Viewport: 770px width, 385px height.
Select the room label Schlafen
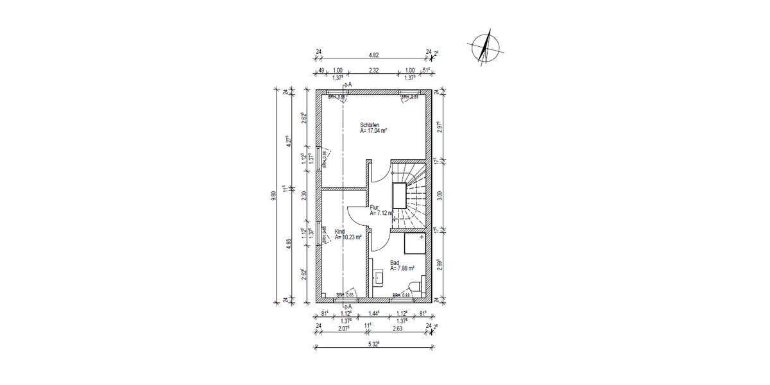[369, 124]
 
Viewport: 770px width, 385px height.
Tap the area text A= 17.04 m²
[373, 130]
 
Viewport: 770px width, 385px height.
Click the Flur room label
[375, 207]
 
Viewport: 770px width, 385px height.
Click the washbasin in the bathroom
[378, 277]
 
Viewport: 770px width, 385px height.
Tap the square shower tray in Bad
[415, 244]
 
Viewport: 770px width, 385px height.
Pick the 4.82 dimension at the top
[373, 55]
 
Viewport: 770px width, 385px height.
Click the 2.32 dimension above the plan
[373, 71]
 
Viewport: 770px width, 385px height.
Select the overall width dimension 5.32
[373, 343]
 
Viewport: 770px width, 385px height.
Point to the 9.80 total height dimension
[274, 194]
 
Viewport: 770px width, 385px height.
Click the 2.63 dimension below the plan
[398, 328]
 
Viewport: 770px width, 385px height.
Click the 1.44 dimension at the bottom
[373, 314]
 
